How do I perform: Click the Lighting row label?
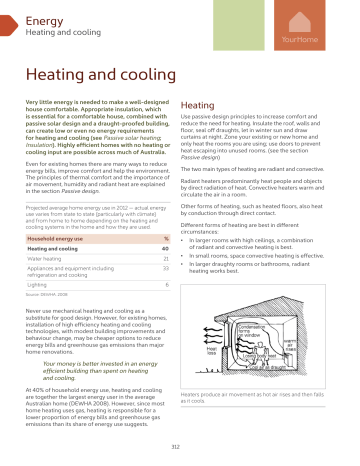click(x=36, y=285)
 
